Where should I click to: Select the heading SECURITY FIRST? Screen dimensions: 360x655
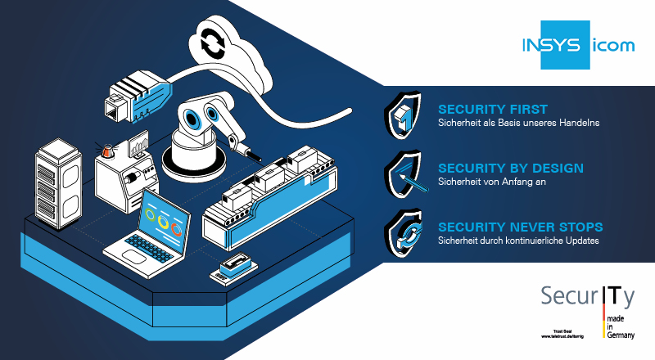(x=493, y=109)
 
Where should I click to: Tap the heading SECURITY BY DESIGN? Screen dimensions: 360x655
(x=511, y=169)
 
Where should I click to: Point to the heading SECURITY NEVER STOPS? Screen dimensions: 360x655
(x=521, y=227)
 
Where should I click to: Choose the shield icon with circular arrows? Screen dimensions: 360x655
(x=403, y=232)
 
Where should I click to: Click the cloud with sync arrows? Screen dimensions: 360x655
(x=224, y=46)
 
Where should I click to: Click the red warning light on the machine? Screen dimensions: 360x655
(x=106, y=151)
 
